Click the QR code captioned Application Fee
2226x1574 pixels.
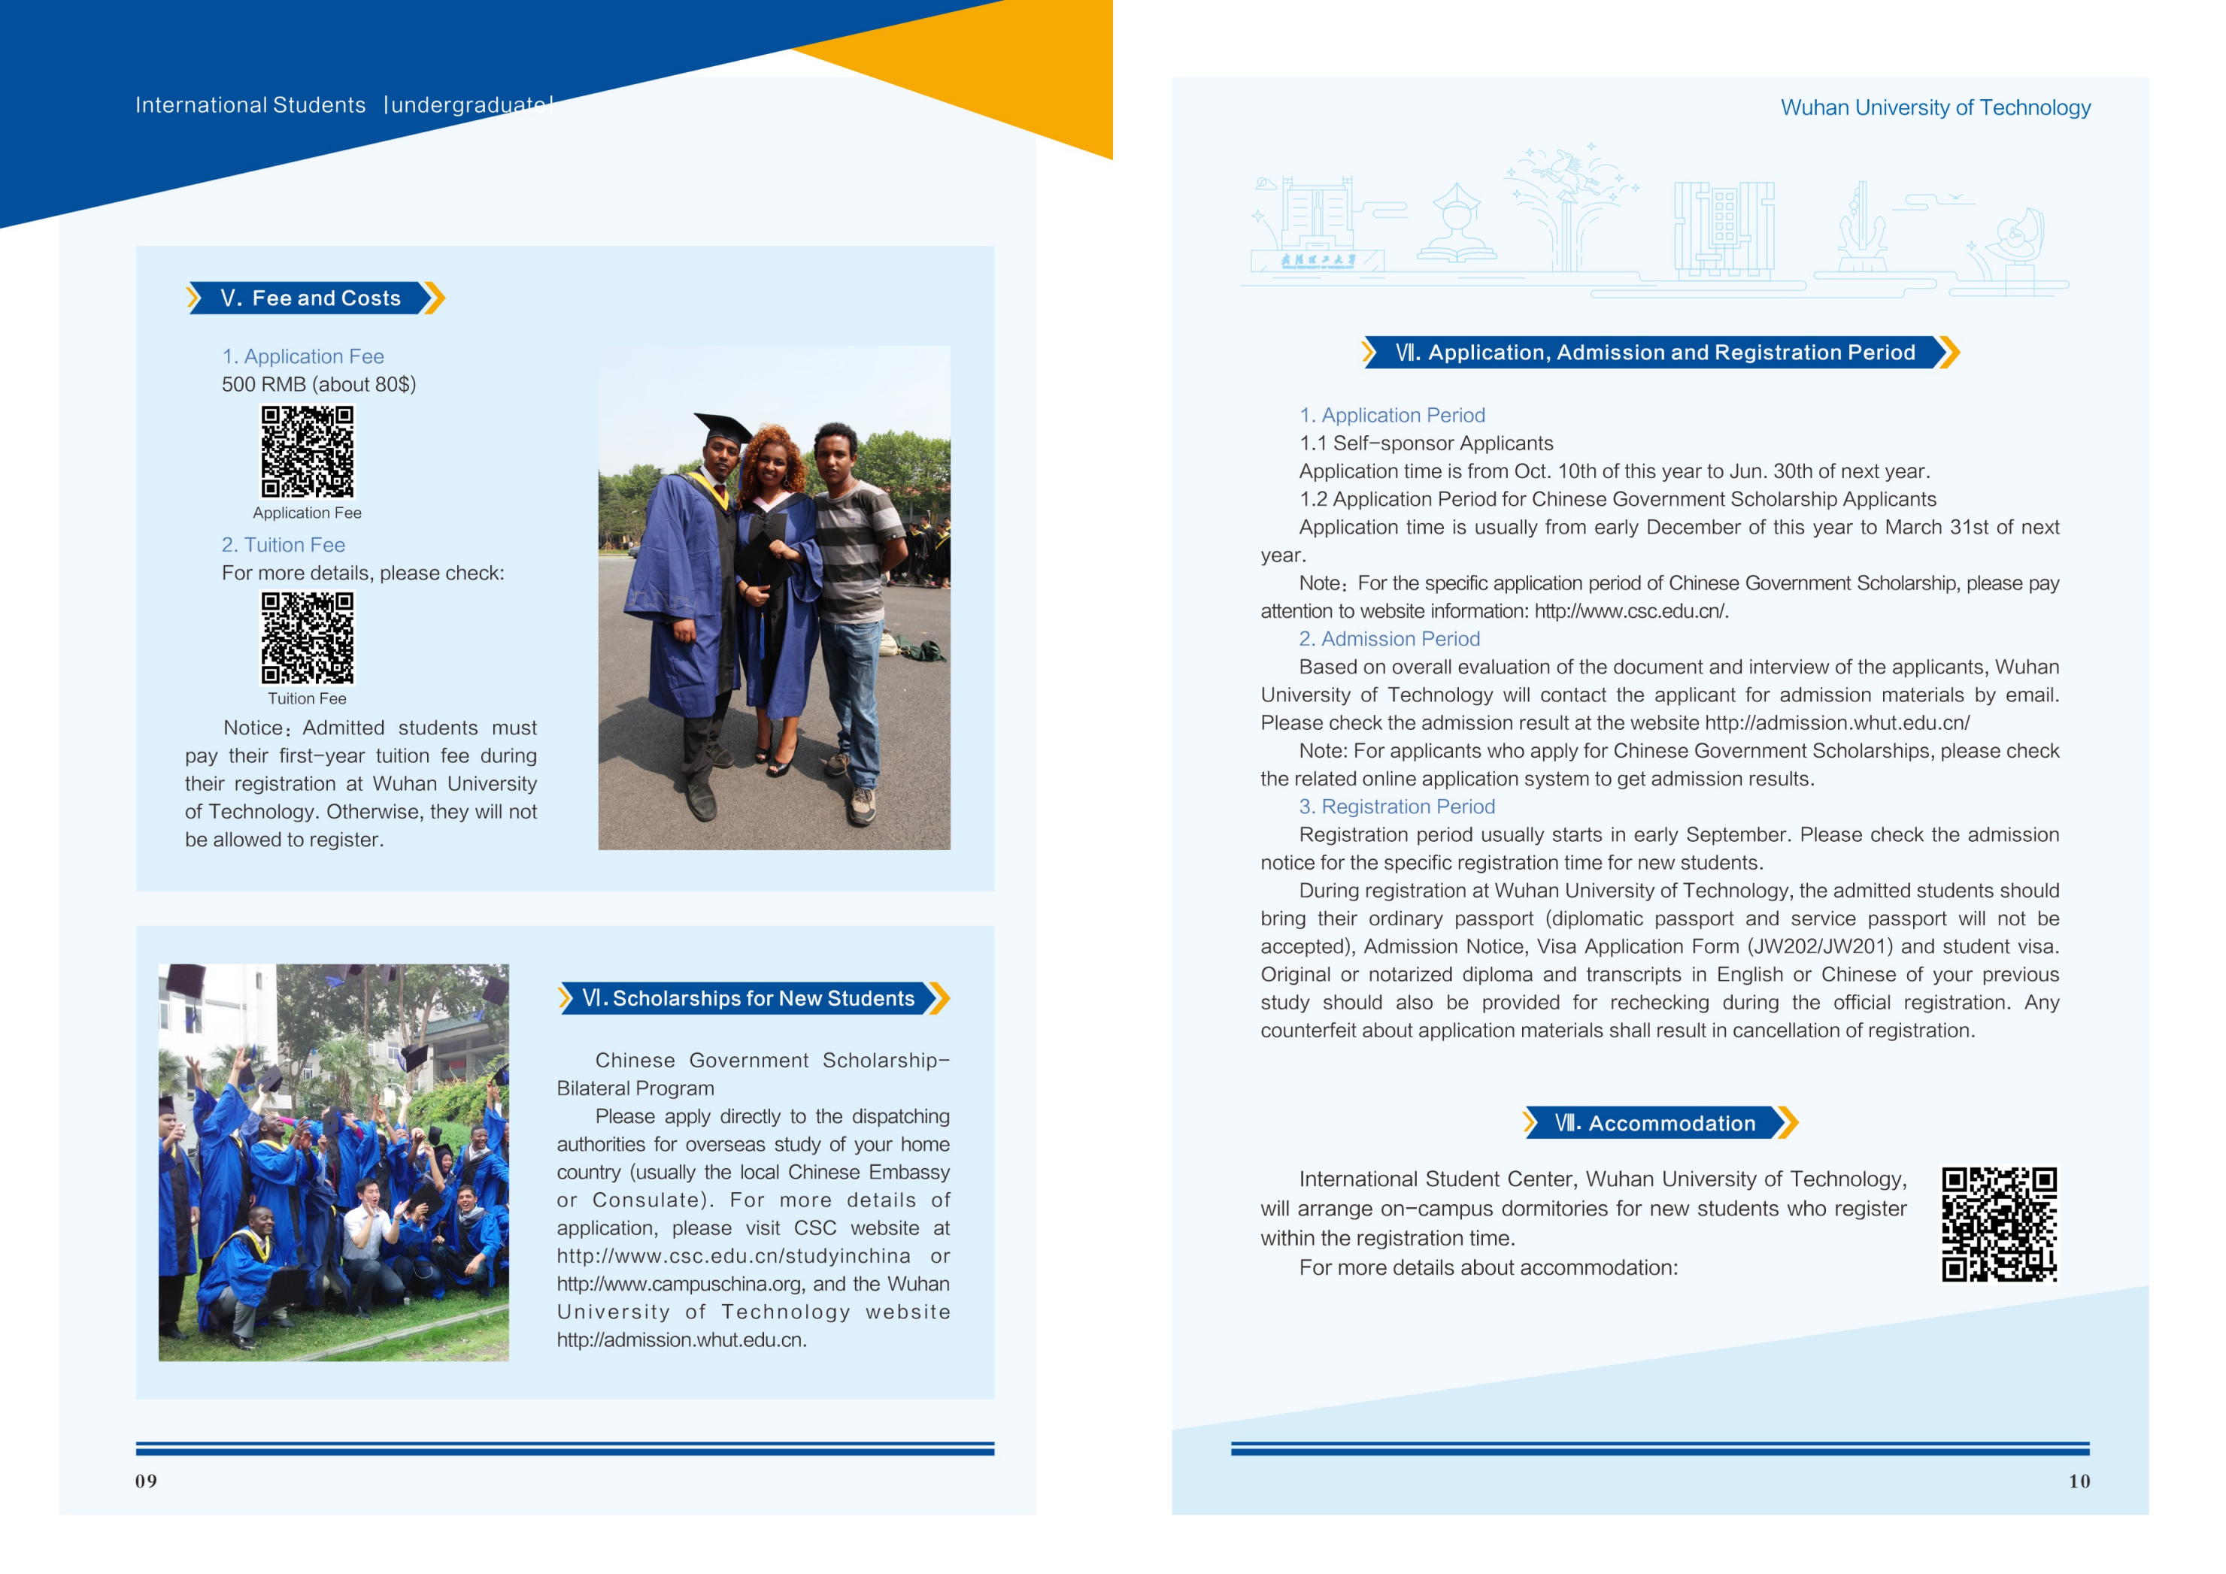pyautogui.click(x=308, y=452)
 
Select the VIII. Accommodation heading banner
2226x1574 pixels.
pyautogui.click(x=1659, y=1123)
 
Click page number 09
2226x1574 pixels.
pyautogui.click(x=147, y=1481)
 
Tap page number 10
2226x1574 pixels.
pyautogui.click(x=2079, y=1481)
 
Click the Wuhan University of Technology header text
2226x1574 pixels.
pyautogui.click(x=1934, y=107)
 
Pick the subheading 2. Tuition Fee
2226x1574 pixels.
pyautogui.click(x=283, y=545)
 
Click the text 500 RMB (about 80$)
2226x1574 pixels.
pyautogui.click(x=319, y=385)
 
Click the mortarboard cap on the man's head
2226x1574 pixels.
pyautogui.click(x=722, y=428)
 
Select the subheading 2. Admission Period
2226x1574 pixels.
pyautogui.click(x=1388, y=639)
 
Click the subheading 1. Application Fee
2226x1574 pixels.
pyautogui.click(x=302, y=357)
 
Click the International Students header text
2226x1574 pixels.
pyautogui.click(x=250, y=104)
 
